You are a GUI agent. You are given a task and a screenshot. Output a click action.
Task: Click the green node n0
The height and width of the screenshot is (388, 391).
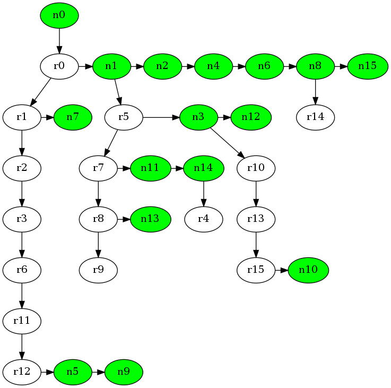(x=59, y=15)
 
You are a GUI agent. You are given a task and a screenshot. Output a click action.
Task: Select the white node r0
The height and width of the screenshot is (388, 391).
(x=59, y=66)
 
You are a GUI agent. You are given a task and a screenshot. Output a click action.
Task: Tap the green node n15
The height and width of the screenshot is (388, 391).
(x=367, y=66)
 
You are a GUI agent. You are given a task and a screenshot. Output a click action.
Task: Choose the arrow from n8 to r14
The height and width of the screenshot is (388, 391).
(x=316, y=91)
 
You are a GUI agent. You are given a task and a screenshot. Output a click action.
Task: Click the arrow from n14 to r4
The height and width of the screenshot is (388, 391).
(x=204, y=194)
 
